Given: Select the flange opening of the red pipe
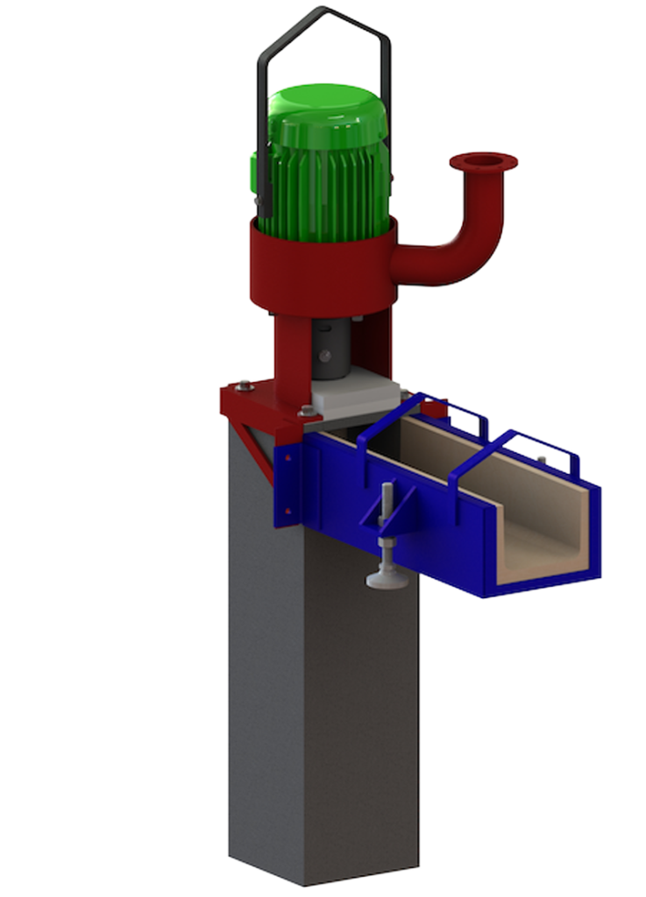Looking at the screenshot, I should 483,160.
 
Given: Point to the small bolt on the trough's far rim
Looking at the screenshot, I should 542,459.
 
